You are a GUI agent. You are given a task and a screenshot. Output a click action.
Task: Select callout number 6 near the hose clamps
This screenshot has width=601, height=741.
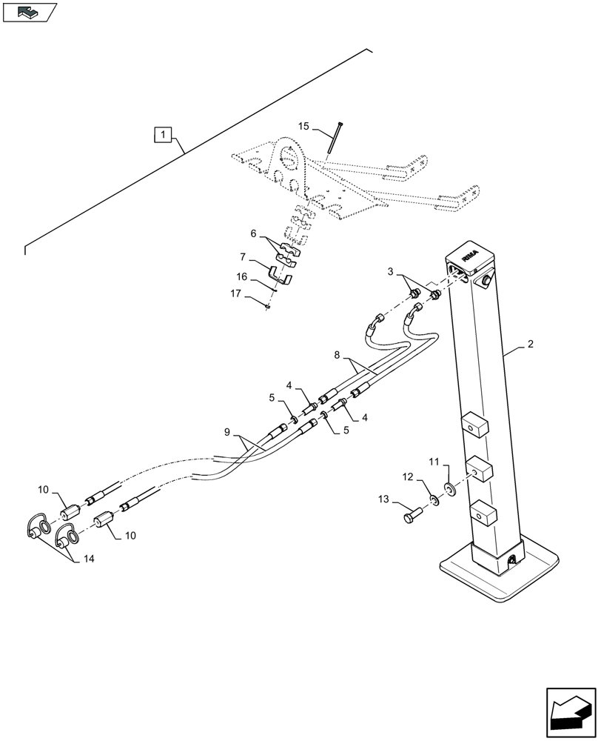[254, 233]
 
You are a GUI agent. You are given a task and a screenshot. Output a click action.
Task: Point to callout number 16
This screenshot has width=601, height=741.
[242, 277]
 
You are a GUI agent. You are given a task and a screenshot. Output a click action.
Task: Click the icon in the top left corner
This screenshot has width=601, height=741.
[29, 12]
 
